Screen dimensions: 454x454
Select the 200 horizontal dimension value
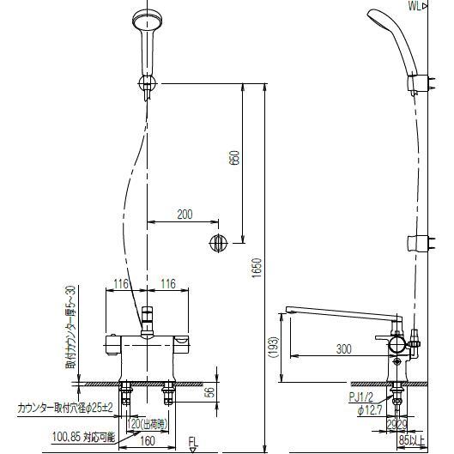pos(185,215)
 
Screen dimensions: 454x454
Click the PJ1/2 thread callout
pos(360,397)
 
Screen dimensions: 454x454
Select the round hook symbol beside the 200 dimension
pos(217,242)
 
